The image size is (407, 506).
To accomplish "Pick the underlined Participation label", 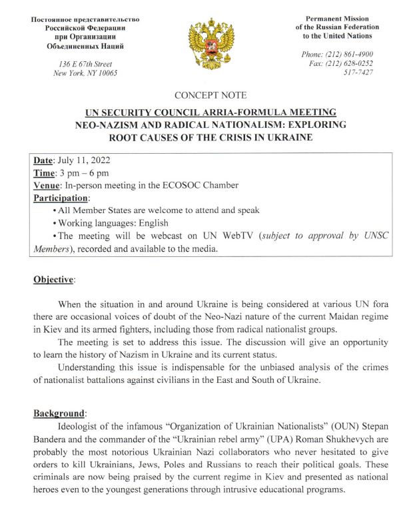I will coord(60,198).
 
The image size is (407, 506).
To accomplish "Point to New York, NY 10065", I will coord(85,73).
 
